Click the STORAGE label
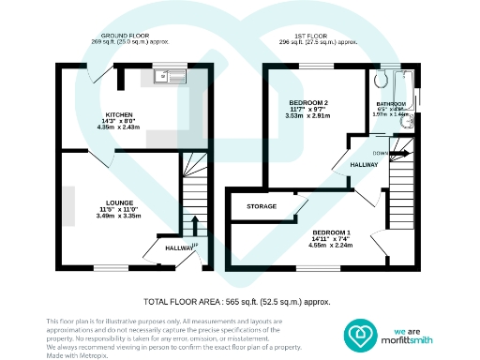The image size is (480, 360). click(x=262, y=206)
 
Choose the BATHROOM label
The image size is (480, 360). click(x=392, y=103)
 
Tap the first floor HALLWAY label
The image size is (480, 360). click(x=364, y=164)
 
